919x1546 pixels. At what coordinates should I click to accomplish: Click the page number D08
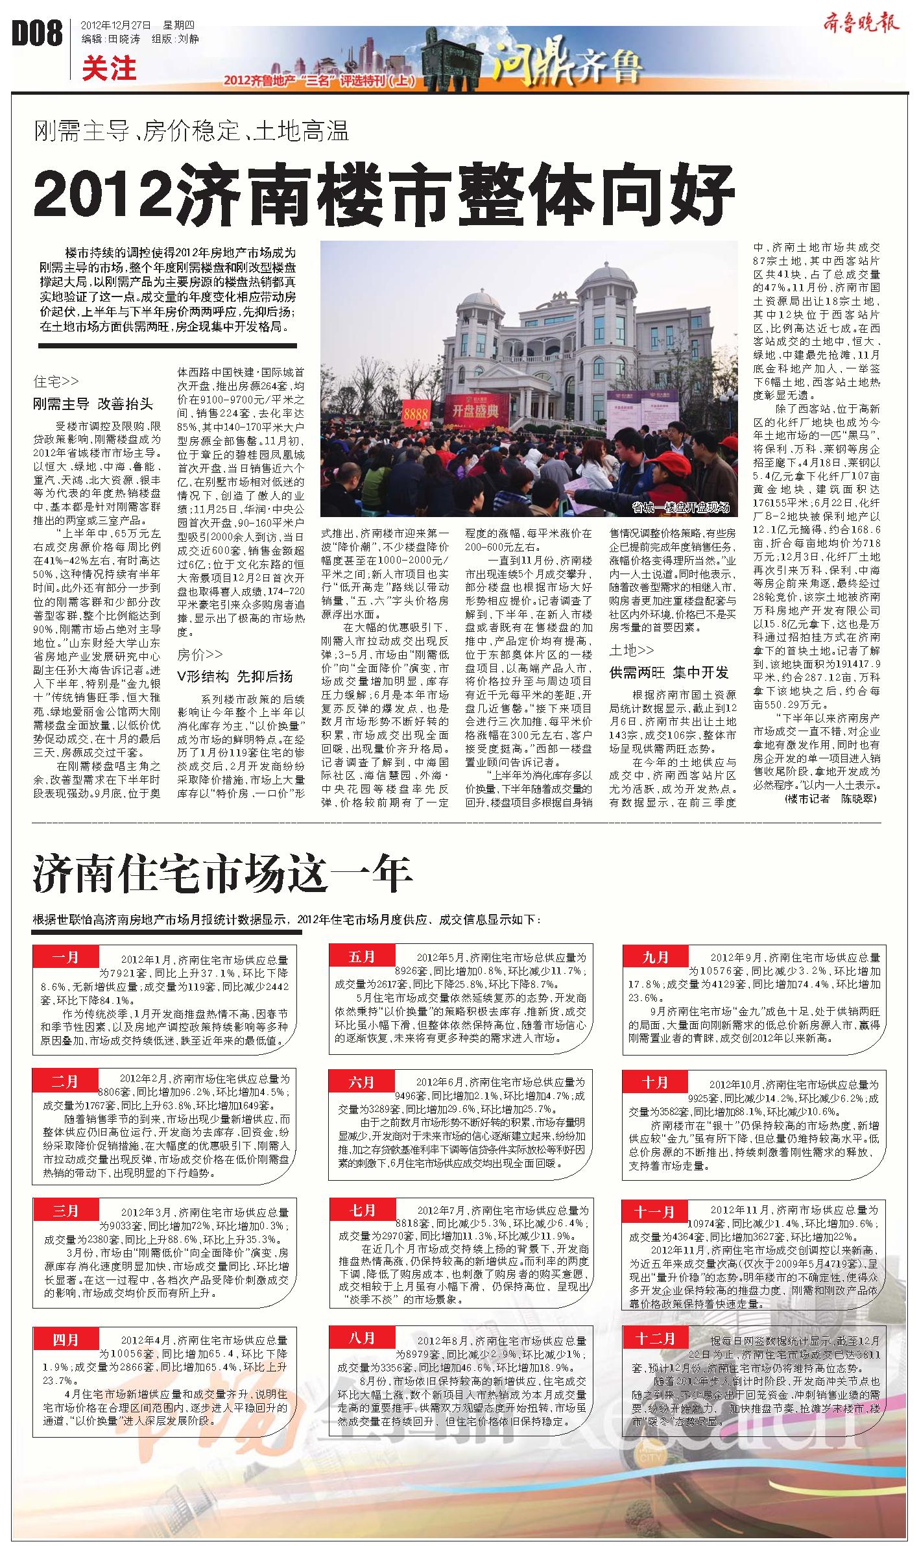point(38,34)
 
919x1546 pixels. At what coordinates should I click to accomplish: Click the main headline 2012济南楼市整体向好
point(384,193)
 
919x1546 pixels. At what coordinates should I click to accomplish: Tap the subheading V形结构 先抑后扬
point(235,676)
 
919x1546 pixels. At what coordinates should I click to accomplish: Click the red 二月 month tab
point(65,1081)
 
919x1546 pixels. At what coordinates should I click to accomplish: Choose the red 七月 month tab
point(362,1210)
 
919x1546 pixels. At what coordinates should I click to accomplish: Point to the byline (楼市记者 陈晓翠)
point(829,799)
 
